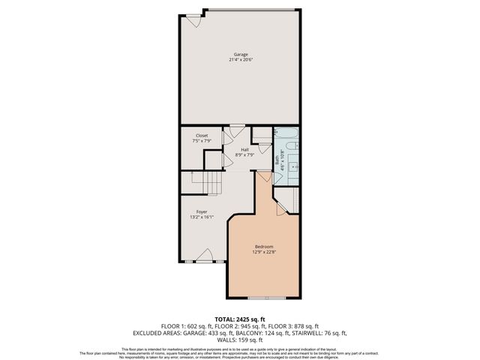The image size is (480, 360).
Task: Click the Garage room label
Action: [x=240, y=55]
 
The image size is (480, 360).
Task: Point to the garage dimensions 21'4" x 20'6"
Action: [x=240, y=60]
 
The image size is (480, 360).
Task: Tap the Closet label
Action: [x=202, y=136]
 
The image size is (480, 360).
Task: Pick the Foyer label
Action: [x=202, y=212]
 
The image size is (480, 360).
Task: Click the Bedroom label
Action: [x=263, y=247]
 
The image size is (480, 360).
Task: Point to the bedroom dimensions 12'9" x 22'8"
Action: [x=263, y=252]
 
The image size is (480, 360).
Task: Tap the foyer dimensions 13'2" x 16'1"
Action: [x=202, y=217]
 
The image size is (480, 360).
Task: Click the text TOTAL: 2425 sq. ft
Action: [x=240, y=319]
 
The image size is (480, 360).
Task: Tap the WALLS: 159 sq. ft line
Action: [x=240, y=340]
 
